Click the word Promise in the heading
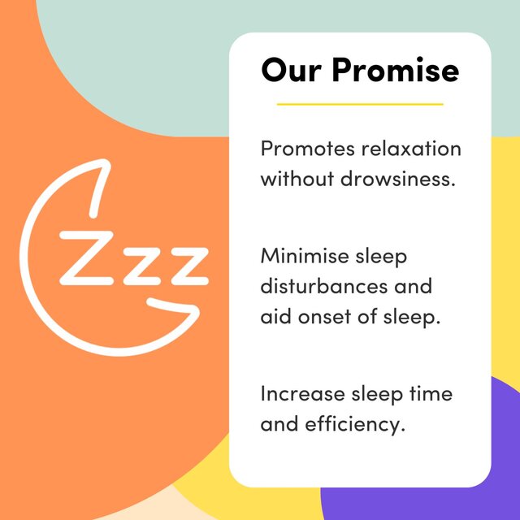click(396, 71)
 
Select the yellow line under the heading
click(360, 104)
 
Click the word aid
click(274, 316)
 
